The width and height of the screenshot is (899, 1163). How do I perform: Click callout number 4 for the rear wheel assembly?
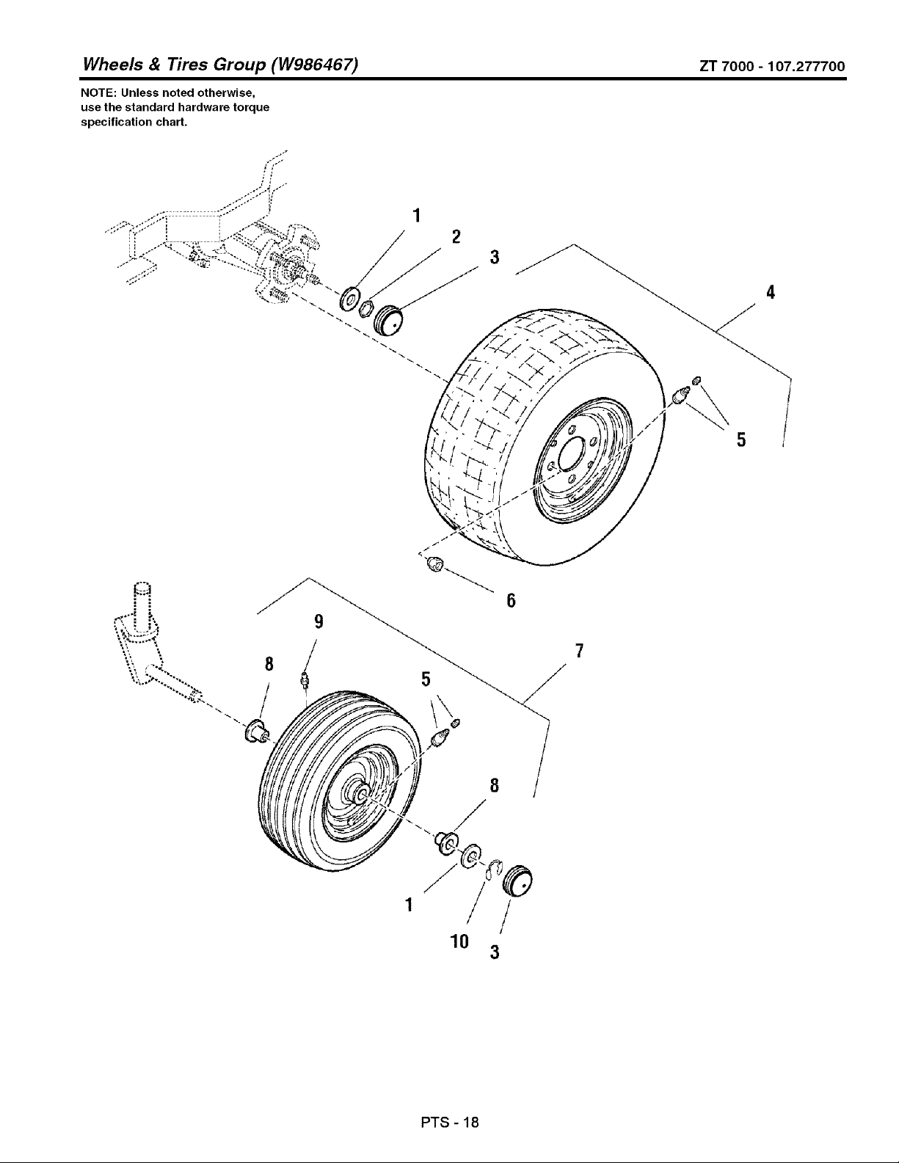tap(770, 292)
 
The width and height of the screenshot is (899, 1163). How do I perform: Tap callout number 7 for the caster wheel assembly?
tap(579, 651)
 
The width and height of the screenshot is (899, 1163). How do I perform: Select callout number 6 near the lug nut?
tap(511, 601)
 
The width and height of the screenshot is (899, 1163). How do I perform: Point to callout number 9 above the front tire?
tap(319, 621)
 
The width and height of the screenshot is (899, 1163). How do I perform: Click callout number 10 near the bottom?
tap(459, 941)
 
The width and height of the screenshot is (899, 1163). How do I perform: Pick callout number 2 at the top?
tap(456, 236)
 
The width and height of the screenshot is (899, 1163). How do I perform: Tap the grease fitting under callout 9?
tap(305, 679)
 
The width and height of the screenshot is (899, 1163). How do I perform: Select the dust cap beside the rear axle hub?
tap(389, 320)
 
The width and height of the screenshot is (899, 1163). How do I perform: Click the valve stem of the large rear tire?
tap(680, 397)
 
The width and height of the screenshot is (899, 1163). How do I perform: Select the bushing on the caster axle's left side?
tap(256, 731)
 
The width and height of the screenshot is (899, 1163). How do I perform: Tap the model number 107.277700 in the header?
tap(806, 66)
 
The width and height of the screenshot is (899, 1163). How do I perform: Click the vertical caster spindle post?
tap(143, 608)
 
